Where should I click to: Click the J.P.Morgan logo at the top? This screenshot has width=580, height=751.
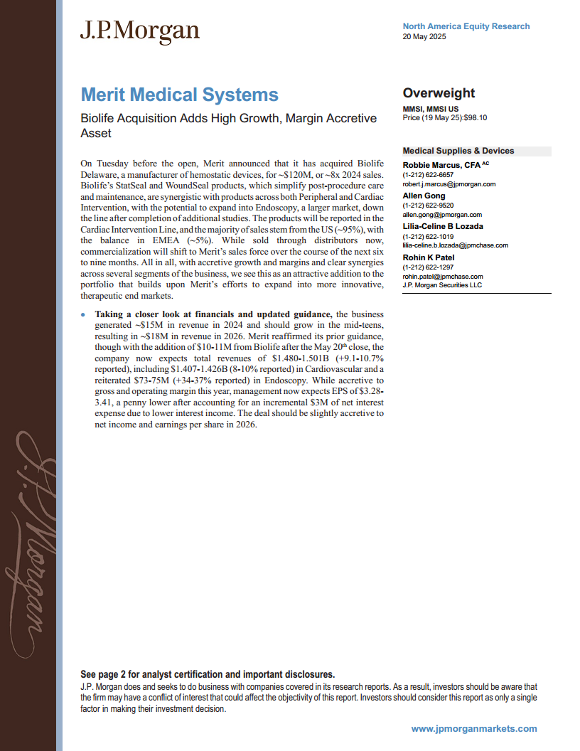(x=139, y=31)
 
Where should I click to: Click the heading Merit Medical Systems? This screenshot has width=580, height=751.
(x=179, y=95)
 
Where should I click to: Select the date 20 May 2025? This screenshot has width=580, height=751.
(x=424, y=38)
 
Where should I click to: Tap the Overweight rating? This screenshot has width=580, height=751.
(x=439, y=93)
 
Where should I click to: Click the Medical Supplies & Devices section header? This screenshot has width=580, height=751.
(x=458, y=151)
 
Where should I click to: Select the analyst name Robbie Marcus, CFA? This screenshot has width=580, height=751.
(x=441, y=165)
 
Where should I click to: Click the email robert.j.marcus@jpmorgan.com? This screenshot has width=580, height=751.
(x=449, y=184)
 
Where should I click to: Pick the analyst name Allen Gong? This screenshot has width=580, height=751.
(x=424, y=196)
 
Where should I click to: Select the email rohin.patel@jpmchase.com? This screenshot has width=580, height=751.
(x=443, y=277)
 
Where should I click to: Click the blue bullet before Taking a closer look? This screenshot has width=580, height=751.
(x=83, y=314)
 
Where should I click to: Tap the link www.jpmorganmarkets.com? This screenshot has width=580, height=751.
(x=474, y=729)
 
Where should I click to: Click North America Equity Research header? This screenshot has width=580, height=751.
(x=466, y=26)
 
